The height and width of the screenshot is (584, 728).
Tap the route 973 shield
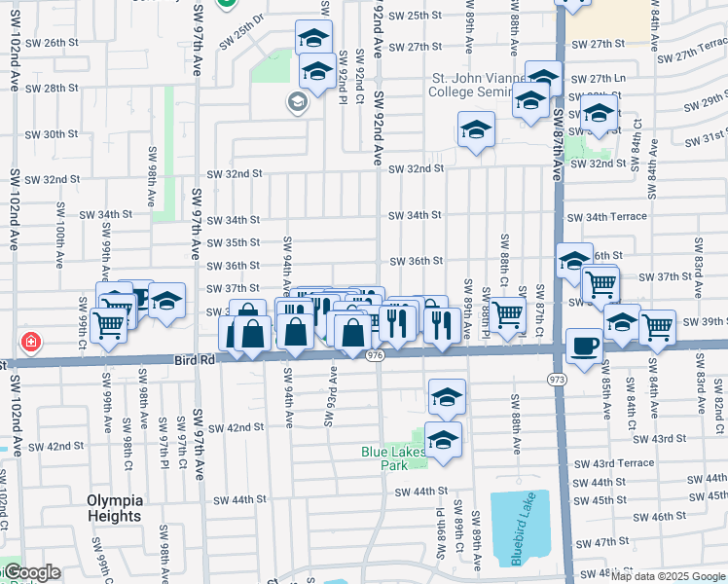(x=558, y=378)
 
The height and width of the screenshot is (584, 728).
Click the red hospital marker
(x=31, y=342)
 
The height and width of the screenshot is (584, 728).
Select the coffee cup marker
(x=584, y=347)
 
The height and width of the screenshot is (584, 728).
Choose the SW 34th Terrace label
(x=607, y=216)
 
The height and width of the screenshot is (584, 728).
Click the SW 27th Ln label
(x=595, y=80)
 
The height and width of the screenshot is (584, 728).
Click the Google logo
(x=32, y=572)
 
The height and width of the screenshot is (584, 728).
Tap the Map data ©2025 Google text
(x=669, y=576)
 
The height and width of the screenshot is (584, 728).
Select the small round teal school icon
(x=296, y=101)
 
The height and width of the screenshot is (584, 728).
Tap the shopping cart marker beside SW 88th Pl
(x=507, y=314)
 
